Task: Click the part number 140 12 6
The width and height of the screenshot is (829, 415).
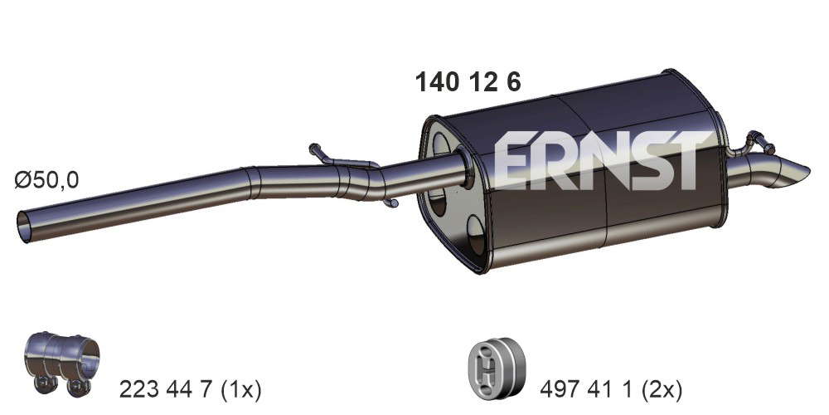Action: pos(468,82)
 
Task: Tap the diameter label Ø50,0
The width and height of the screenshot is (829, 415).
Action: pos(46,180)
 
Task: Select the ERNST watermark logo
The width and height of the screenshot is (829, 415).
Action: pos(603,160)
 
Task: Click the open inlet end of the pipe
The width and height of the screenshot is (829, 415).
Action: pos(24,227)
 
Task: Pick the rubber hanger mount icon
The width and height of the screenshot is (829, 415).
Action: pos(497,368)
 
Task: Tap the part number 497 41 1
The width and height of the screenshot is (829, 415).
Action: pos(587,390)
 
